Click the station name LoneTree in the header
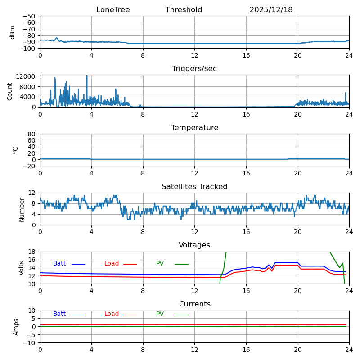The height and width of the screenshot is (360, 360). (x=113, y=10)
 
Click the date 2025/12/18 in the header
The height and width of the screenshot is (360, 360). (x=271, y=10)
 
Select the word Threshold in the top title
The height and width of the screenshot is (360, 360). (x=184, y=10)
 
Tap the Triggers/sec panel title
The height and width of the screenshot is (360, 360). (x=194, y=69)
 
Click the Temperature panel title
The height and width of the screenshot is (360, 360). (x=194, y=128)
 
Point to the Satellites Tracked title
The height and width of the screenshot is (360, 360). (x=194, y=187)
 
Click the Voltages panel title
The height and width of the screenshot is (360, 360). (x=194, y=245)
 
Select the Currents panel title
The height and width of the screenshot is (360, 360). (x=194, y=304)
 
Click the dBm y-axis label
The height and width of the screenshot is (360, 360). (x=13, y=32)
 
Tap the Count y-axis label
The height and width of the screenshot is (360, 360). (x=10, y=91)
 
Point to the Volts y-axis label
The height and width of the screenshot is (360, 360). (x=22, y=268)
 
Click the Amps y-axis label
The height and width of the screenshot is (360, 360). (x=16, y=327)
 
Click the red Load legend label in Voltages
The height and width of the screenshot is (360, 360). (x=112, y=264)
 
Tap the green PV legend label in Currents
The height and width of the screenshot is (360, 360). (x=160, y=314)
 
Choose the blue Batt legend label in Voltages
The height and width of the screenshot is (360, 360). (x=59, y=264)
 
